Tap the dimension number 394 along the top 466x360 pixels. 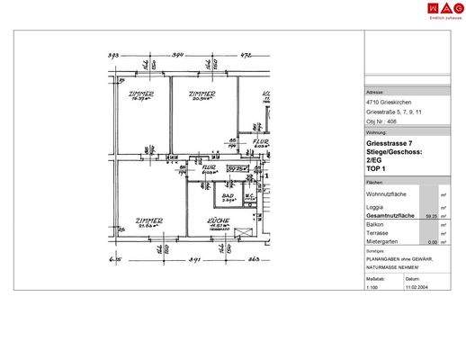tap(178, 56)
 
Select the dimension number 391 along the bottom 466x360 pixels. tap(193, 259)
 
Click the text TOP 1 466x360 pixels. tap(377, 169)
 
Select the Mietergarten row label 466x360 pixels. tap(384, 241)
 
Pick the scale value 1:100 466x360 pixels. tap(372, 287)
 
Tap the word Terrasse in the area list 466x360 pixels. tap(379, 233)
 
